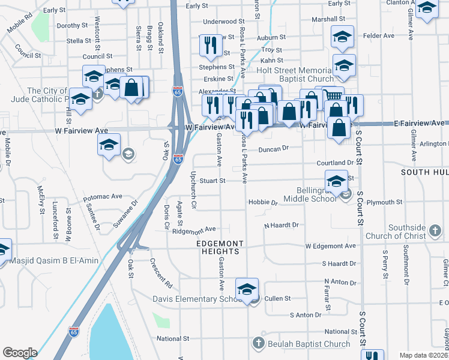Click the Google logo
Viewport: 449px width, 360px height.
pyautogui.click(x=20, y=352)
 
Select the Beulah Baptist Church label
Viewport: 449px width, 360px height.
pyautogui.click(x=309, y=344)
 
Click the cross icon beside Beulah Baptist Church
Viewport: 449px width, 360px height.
pyautogui.click(x=259, y=344)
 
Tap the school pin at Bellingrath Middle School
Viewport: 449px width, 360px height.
pyautogui.click(x=336, y=181)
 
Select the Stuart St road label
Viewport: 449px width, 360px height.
pyautogui.click(x=212, y=180)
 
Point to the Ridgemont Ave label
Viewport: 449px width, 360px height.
pyautogui.click(x=193, y=230)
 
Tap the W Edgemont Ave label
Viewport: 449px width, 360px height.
pyautogui.click(x=330, y=246)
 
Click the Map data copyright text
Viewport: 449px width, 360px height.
pyautogui.click(x=424, y=355)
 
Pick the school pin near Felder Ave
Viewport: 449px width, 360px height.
pyautogui.click(x=342, y=38)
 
